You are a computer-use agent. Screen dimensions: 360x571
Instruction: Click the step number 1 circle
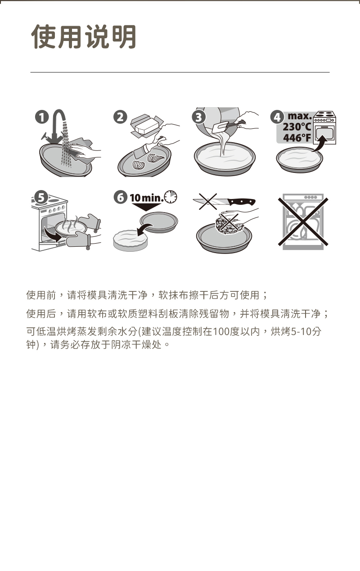42,118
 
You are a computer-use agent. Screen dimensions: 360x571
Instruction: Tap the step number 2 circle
120,117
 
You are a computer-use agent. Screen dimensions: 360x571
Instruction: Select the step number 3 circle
199,117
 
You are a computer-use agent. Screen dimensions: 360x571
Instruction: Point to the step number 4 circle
277,118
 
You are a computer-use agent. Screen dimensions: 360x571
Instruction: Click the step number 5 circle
41,198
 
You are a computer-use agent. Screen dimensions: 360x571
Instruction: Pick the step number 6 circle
120,198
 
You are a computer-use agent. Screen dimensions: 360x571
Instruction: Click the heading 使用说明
84,36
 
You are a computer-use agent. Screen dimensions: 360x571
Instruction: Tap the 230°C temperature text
297,127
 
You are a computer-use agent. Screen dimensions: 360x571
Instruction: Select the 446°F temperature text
297,138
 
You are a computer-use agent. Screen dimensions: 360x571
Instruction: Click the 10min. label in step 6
147,198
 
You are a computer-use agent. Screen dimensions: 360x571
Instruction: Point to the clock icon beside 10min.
171,197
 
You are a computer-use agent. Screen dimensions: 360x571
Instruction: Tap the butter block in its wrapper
145,126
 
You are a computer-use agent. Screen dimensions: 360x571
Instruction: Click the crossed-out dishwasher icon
303,222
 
